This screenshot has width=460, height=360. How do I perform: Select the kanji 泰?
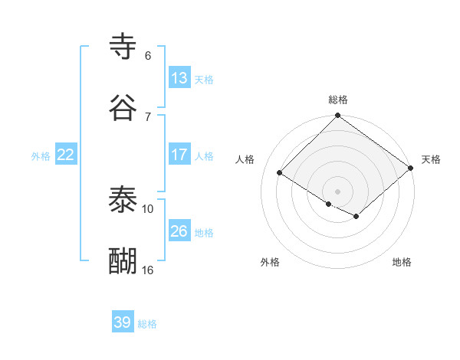tap(123, 200)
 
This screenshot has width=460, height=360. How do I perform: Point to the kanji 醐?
tap(123, 261)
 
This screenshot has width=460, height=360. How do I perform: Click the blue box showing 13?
tap(179, 77)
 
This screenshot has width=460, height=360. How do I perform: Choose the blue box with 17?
tap(179, 154)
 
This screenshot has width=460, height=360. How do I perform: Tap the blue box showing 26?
tap(179, 231)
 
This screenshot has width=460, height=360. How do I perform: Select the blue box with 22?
tap(66, 154)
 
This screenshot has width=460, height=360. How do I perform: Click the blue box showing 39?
tap(123, 322)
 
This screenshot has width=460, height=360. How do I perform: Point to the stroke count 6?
tap(148, 56)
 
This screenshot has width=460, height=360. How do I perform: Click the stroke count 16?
tap(148, 270)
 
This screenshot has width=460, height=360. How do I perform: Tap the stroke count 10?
tap(148, 208)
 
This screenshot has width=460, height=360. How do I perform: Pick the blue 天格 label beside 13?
tap(204, 79)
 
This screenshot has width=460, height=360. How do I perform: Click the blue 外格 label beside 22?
tap(41, 155)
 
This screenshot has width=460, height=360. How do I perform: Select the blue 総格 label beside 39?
tap(147, 324)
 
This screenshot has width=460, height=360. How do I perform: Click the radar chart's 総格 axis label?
tap(338, 100)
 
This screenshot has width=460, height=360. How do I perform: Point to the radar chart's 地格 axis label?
tap(402, 262)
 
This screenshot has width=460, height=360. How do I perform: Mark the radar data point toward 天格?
tap(411, 168)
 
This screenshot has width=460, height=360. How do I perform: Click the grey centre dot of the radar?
tap(337, 191)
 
